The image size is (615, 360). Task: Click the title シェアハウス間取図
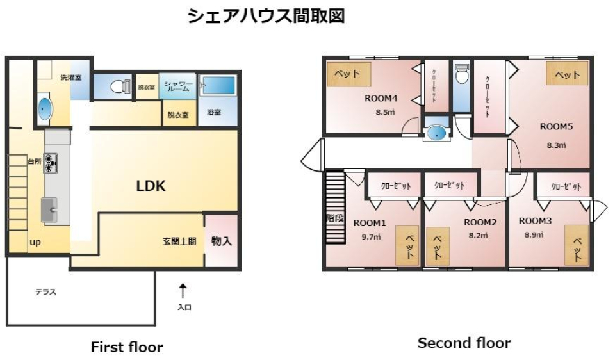pyautogui.click(x=266, y=16)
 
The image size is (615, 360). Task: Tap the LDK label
pyautogui.click(x=151, y=186)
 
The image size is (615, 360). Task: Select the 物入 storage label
pyautogui.click(x=221, y=241)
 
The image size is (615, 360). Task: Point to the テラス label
pyautogui.click(x=45, y=292)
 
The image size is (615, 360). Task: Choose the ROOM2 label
pyautogui.click(x=480, y=222)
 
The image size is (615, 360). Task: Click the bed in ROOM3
pyautogui.click(x=576, y=245)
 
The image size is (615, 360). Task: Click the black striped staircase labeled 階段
pyautogui.click(x=334, y=209)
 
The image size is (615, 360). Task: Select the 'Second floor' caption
pyautogui.click(x=464, y=343)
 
